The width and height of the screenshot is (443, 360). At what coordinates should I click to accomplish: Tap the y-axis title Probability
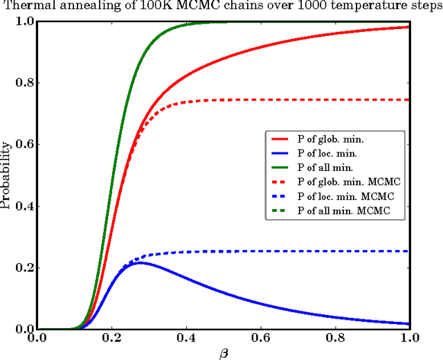pos(8,174)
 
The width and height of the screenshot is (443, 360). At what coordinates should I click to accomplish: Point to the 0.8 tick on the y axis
pos(21,83)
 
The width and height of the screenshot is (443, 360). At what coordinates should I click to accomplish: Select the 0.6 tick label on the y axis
pos(21,145)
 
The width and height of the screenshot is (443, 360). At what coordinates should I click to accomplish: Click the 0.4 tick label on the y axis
pos(21,206)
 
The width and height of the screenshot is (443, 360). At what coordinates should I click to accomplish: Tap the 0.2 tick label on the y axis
pos(21,268)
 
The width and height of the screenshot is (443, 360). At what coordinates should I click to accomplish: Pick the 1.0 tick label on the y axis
pos(21,21)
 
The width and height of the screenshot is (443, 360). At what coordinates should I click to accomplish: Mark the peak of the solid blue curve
pos(140,263)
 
